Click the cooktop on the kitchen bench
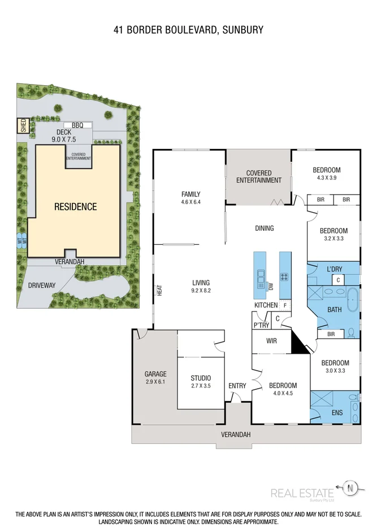coord(285,277)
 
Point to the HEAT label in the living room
coord(160,290)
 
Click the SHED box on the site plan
coord(23,125)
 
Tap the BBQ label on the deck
coord(71,125)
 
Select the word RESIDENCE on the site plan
coord(75,206)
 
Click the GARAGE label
coord(155,374)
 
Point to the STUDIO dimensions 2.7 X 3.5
coord(200,386)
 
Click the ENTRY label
coord(237,386)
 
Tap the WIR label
coord(271,341)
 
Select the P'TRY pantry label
coord(261,326)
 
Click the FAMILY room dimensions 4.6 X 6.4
coord(191,202)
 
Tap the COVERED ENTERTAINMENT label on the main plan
coord(259,177)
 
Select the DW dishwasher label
coord(271,288)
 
